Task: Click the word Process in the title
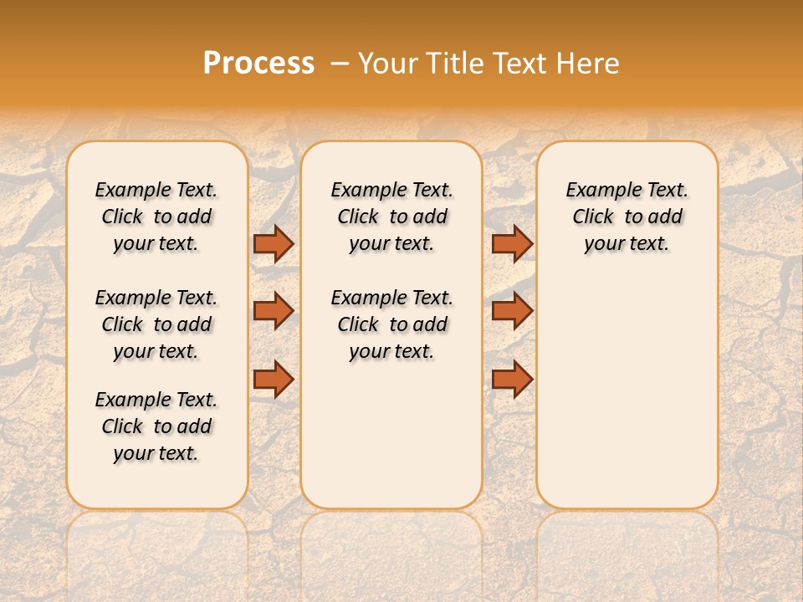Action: pyautogui.click(x=258, y=64)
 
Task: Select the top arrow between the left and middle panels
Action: pyautogui.click(x=274, y=243)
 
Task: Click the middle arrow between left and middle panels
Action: pyautogui.click(x=274, y=311)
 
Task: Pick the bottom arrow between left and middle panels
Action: pyautogui.click(x=274, y=379)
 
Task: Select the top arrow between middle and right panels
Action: pyautogui.click(x=512, y=243)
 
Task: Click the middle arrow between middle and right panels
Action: pyautogui.click(x=512, y=311)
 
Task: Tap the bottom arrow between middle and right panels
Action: pyautogui.click(x=512, y=379)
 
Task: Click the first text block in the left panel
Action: pyautogui.click(x=156, y=217)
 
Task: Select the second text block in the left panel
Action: pyautogui.click(x=156, y=324)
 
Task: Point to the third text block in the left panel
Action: pyautogui.click(x=156, y=426)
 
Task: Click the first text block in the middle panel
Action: pyautogui.click(x=391, y=217)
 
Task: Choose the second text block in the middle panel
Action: pyautogui.click(x=391, y=324)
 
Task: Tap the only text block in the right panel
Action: pyautogui.click(x=627, y=217)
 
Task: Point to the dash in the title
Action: pyautogui.click(x=339, y=64)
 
